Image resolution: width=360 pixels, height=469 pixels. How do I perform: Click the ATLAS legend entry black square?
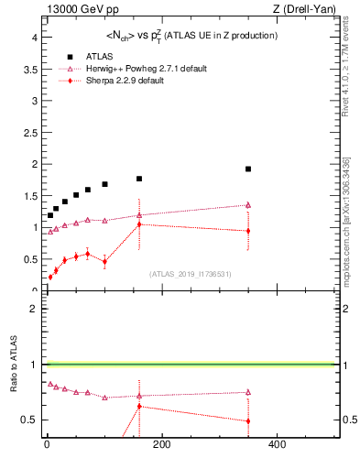click(70, 56)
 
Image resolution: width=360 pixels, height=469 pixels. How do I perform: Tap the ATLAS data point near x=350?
click(248, 169)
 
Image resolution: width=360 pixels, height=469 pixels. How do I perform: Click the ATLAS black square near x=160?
click(139, 179)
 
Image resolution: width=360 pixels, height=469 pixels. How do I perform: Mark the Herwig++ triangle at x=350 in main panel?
click(248, 205)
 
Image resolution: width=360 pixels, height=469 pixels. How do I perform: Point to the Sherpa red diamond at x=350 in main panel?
click(248, 231)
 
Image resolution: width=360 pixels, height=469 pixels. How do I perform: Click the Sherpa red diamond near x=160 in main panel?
click(139, 224)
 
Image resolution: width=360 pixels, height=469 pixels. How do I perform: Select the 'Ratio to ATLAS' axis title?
click(14, 366)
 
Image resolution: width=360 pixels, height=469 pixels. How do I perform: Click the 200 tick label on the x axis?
click(161, 445)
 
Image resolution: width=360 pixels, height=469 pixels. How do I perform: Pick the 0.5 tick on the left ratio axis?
click(28, 420)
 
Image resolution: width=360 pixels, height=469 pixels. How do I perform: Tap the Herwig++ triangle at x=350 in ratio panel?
click(248, 392)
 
